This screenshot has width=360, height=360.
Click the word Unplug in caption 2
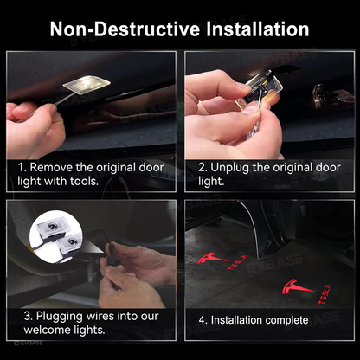[230, 167]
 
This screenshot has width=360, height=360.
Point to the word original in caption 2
[289, 167]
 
